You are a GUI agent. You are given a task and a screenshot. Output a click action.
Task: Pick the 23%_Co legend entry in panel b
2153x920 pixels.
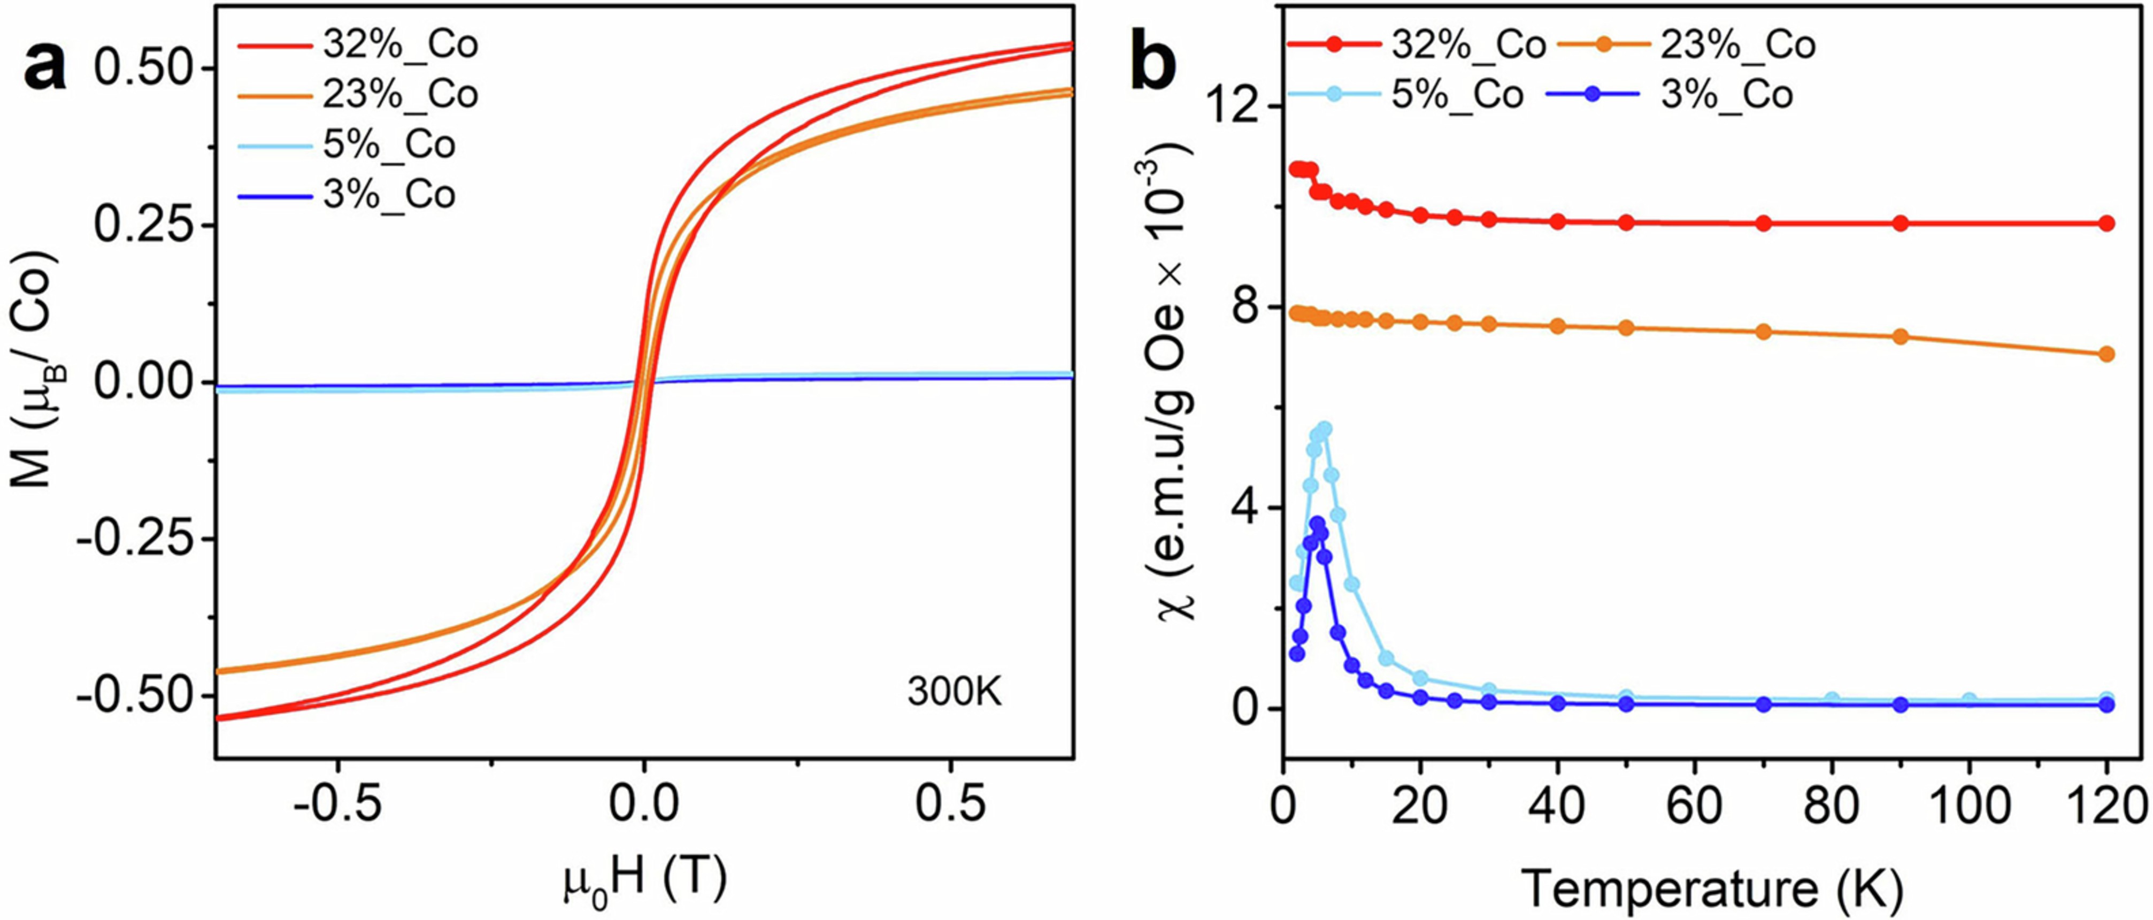click(x=1737, y=44)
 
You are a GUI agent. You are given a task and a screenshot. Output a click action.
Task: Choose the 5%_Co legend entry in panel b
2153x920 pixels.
click(x=1457, y=95)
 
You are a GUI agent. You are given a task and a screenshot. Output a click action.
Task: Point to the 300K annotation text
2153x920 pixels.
click(x=955, y=693)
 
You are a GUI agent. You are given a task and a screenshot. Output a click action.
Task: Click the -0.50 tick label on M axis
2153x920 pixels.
click(x=134, y=695)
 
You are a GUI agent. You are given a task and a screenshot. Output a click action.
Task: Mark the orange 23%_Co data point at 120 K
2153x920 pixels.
click(x=2105, y=354)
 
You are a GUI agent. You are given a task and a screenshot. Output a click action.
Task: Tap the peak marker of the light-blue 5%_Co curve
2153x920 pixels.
click(x=1324, y=428)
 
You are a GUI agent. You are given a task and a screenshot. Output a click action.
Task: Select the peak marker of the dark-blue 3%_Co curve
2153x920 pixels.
click(x=1317, y=523)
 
